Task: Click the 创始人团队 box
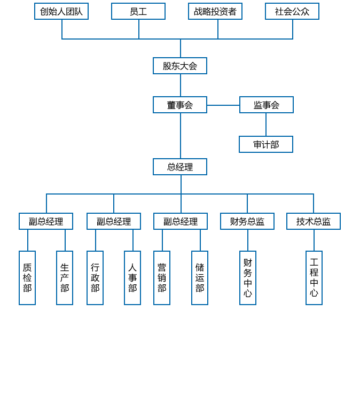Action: click(x=61, y=11)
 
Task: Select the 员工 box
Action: click(x=138, y=11)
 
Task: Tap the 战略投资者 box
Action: click(x=215, y=11)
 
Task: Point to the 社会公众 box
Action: click(x=292, y=11)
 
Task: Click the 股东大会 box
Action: click(x=180, y=66)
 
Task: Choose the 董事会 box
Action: click(x=180, y=105)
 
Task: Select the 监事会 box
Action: click(x=267, y=105)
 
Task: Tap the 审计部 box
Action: click(x=266, y=144)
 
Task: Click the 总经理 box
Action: click(x=180, y=167)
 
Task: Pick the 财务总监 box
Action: click(x=247, y=221)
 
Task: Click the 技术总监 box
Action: click(x=314, y=221)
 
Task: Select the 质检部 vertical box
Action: click(x=27, y=278)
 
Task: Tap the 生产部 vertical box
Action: click(x=65, y=278)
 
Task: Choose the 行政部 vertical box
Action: click(x=95, y=278)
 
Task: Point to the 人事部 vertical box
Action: click(x=132, y=278)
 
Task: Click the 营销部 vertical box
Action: click(x=162, y=278)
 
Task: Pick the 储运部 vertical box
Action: click(x=200, y=278)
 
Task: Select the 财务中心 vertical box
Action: click(x=248, y=278)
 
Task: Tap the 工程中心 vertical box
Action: click(x=314, y=278)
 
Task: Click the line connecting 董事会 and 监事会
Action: click(x=223, y=105)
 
